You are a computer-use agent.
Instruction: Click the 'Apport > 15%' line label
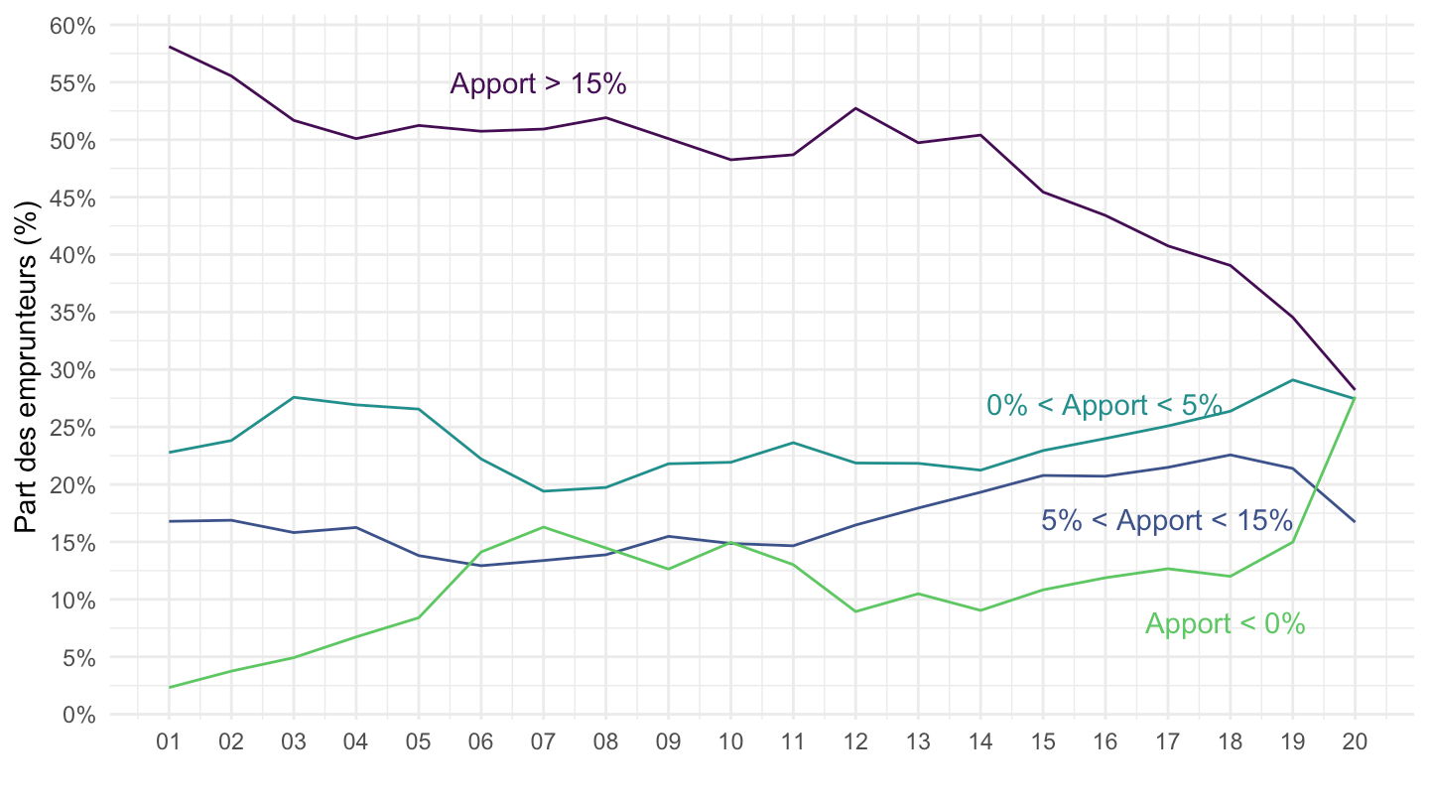(538, 84)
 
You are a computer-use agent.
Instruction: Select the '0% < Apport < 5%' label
(1104, 405)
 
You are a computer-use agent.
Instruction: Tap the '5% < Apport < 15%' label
(1166, 521)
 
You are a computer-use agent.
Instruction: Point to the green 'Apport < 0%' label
(1225, 624)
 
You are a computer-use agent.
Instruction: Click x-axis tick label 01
(169, 741)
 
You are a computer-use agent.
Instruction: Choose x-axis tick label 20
(1355, 741)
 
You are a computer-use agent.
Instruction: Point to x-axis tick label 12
(855, 741)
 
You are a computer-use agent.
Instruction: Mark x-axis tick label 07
(543, 741)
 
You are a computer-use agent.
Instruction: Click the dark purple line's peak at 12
(855, 108)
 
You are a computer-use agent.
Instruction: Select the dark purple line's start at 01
(169, 47)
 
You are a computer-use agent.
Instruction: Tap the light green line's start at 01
(169, 687)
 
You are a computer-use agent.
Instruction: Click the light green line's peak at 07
(543, 527)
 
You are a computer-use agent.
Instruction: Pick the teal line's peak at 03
(294, 397)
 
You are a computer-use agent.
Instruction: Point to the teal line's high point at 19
(1292, 379)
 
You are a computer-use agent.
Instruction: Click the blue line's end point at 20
(1355, 521)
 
